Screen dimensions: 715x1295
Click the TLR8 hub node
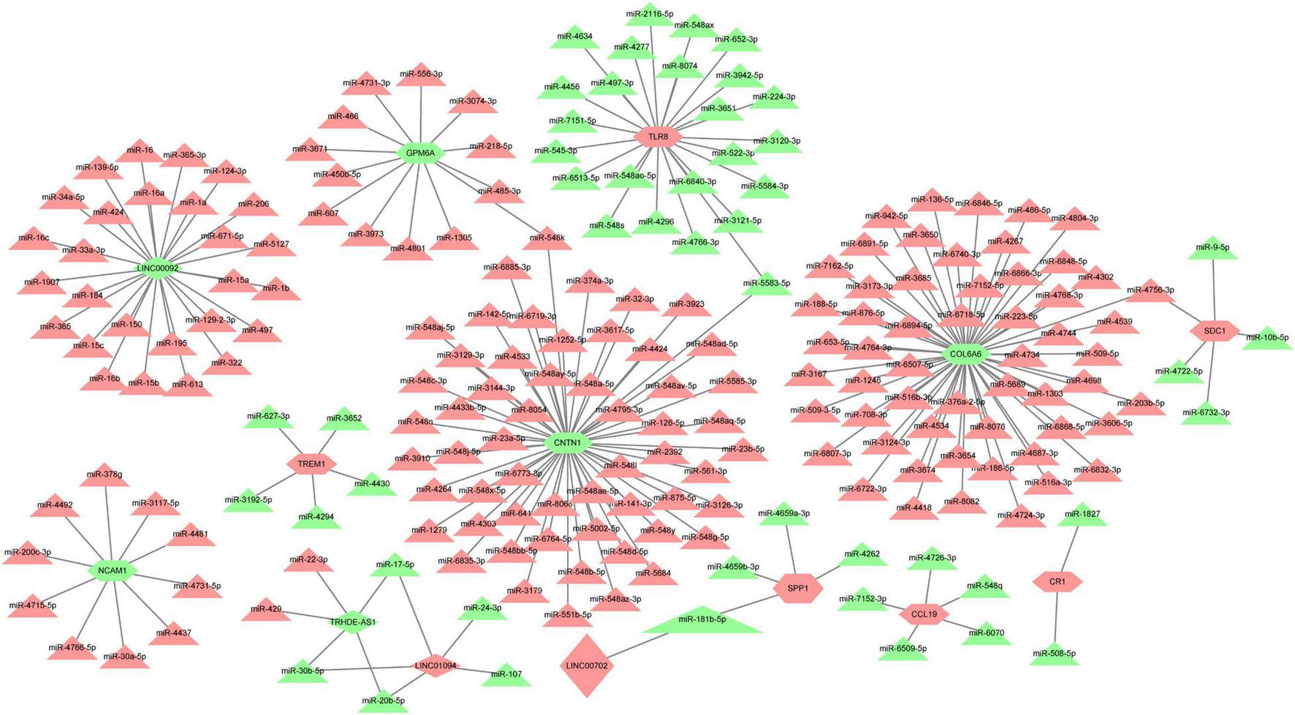click(658, 137)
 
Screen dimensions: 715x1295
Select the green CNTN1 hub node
click(567, 443)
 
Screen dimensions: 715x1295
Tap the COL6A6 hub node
click(965, 355)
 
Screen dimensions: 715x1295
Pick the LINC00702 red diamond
click(586, 665)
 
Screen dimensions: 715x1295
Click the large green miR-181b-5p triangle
click(702, 621)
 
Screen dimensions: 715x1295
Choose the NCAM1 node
click(112, 570)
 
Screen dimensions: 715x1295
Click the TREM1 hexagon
click(311, 464)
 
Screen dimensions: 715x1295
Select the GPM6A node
click(420, 153)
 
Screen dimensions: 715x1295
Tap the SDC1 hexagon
click(1215, 331)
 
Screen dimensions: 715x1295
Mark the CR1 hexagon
click(1057, 582)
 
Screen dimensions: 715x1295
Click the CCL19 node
click(924, 614)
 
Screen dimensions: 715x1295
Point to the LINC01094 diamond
click(436, 665)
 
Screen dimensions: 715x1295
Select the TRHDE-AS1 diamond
click(352, 622)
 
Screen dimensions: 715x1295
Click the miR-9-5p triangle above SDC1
click(1213, 249)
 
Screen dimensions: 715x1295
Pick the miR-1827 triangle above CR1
click(1082, 515)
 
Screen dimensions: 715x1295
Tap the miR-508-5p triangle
click(1054, 655)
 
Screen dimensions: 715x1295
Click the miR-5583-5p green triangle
click(766, 284)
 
